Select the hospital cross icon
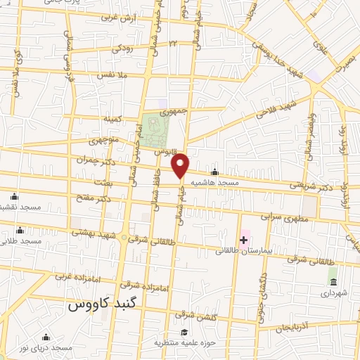tap(243, 240)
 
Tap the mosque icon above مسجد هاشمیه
tap(215, 172)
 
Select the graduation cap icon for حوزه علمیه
tap(184, 333)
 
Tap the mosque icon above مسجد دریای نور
tap(46, 337)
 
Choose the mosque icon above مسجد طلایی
tap(19, 230)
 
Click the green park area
tap(157, 128)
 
